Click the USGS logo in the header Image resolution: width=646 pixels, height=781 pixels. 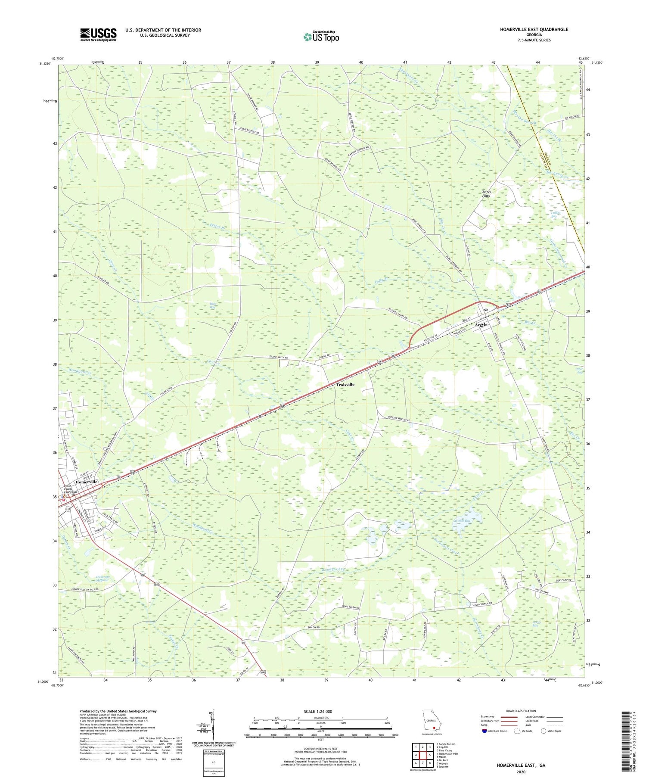point(98,35)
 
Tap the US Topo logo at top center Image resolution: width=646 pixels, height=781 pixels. point(320,37)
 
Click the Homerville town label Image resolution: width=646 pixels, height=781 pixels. point(87,482)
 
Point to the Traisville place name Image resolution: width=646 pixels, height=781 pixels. point(345,384)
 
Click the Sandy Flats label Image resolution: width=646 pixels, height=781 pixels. point(486,193)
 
